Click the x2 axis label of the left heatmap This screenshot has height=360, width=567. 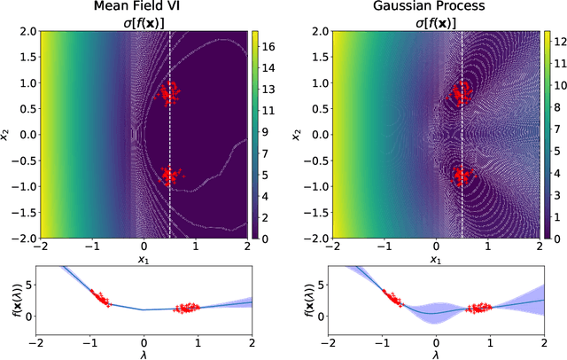pos(7,135)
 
